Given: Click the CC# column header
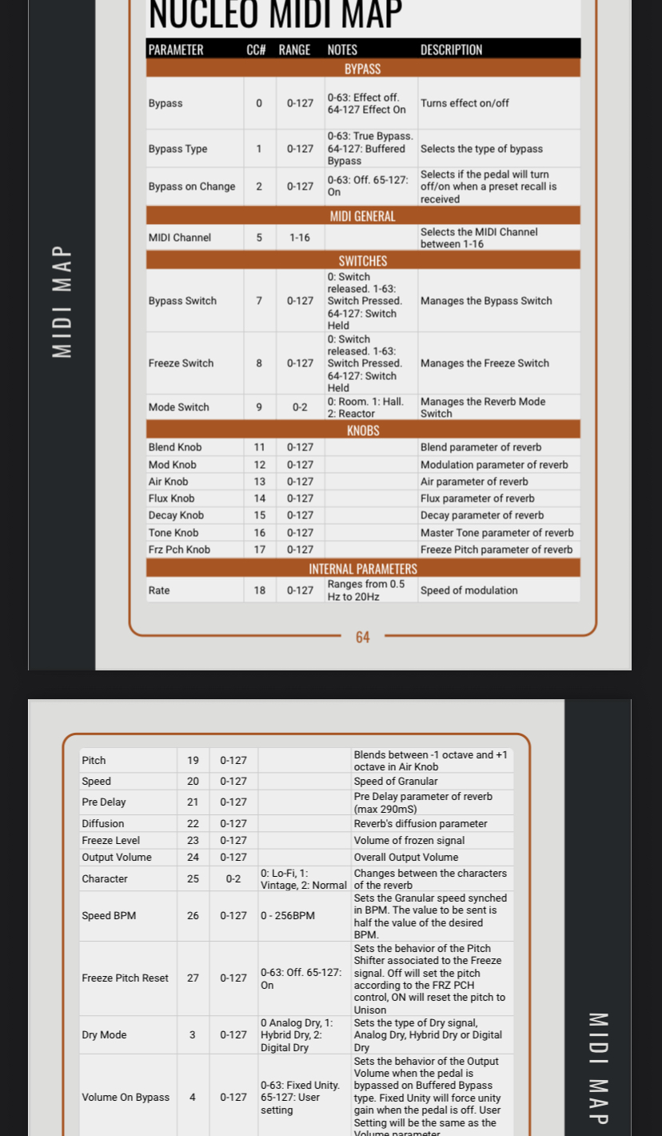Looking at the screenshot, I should click(256, 50).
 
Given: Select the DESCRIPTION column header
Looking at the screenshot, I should click(451, 50).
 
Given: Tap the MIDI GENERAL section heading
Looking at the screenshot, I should click(362, 216).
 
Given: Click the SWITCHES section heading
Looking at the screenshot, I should click(362, 261).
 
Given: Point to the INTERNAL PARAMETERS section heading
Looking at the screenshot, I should click(362, 569).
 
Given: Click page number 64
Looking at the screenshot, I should click(363, 637).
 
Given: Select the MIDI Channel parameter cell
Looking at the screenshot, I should click(180, 238).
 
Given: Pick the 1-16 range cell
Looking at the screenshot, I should click(300, 238).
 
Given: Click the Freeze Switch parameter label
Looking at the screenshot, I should click(181, 363).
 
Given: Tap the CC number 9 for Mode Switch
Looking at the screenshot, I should click(259, 407).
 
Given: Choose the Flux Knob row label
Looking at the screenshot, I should click(171, 498).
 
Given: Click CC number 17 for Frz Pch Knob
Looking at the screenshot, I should click(259, 550).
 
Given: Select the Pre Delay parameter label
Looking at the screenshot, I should click(104, 802).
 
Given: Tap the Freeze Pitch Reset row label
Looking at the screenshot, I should click(125, 978).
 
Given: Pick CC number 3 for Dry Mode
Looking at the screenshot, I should click(193, 1034).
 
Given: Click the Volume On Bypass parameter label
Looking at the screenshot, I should click(126, 1097).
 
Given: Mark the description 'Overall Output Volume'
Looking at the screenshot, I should click(406, 857).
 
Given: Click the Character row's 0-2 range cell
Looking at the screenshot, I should click(233, 878).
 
